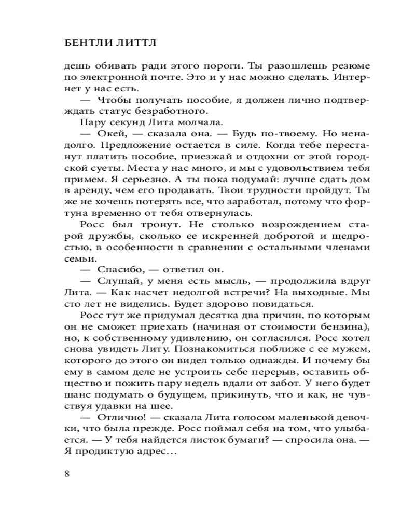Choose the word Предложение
click(140, 145)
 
